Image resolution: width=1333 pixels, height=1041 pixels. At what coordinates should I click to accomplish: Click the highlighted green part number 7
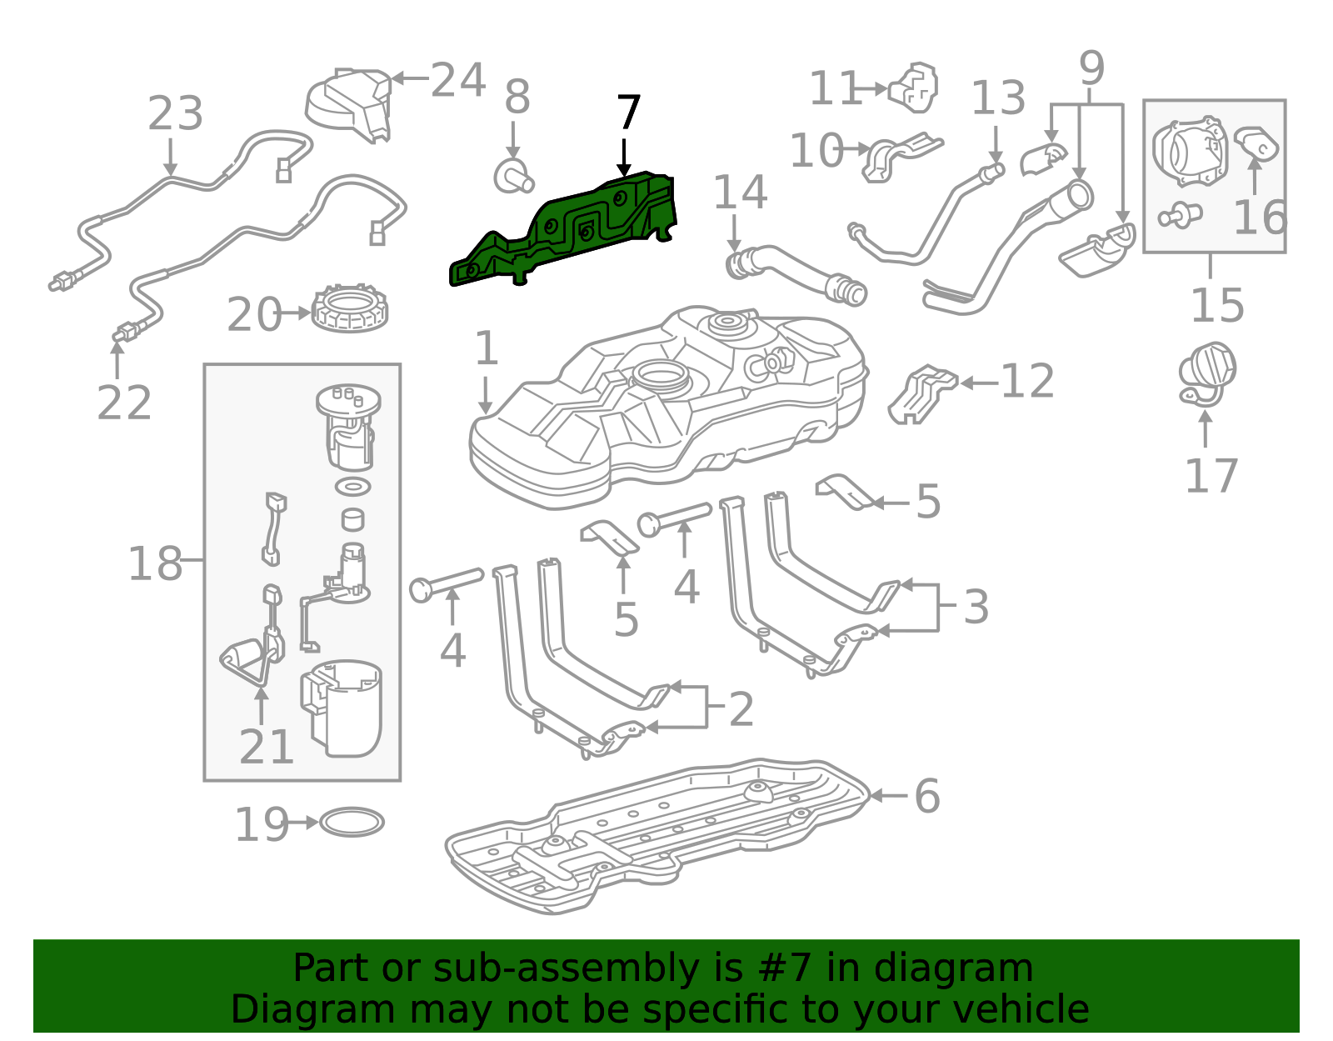pyautogui.click(x=564, y=230)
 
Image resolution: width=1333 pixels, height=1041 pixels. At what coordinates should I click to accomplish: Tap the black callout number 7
pyautogui.click(x=628, y=113)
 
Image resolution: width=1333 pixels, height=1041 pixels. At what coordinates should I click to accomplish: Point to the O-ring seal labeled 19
pyautogui.click(x=352, y=823)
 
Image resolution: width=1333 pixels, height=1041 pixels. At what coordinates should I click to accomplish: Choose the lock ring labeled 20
pyautogui.click(x=350, y=307)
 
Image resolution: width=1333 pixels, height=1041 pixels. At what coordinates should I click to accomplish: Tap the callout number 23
pyautogui.click(x=176, y=113)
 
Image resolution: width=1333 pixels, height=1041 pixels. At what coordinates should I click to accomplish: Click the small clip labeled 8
pyautogui.click(x=513, y=176)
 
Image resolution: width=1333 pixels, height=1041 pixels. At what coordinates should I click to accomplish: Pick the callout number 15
pyautogui.click(x=1217, y=305)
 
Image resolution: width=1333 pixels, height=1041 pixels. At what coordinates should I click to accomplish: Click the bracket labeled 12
pyautogui.click(x=922, y=394)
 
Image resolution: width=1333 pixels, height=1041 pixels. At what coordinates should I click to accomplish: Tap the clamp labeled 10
pyautogui.click(x=901, y=158)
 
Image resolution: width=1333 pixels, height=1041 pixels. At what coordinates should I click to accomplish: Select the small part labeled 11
pyautogui.click(x=913, y=88)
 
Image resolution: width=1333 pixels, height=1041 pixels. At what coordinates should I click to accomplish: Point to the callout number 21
pyautogui.click(x=266, y=747)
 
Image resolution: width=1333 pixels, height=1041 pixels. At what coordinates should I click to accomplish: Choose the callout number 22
pyautogui.click(x=124, y=403)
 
